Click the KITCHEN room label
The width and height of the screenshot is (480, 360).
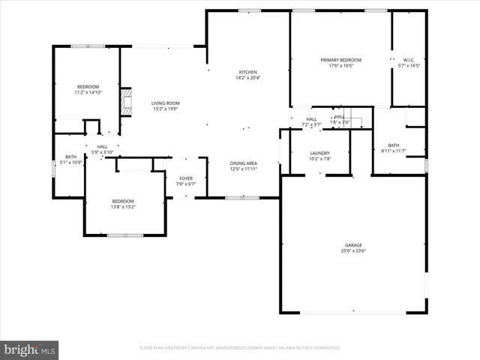[x=247, y=72]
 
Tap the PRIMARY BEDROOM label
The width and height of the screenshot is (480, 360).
[x=340, y=60]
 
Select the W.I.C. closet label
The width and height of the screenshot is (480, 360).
[x=409, y=60]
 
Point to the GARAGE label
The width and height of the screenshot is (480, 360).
[x=353, y=245]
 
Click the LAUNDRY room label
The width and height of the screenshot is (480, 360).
[x=320, y=153]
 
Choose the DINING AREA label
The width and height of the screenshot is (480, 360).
[x=244, y=163]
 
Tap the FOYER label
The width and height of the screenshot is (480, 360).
[x=185, y=178]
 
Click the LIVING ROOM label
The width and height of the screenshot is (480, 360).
[x=165, y=103]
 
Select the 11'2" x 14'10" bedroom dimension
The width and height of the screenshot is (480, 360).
[x=88, y=93]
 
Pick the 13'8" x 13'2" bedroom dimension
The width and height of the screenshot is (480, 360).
[x=123, y=207]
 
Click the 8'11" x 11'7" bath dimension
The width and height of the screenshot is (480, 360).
[x=393, y=151]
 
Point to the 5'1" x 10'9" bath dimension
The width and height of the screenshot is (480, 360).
[x=70, y=163]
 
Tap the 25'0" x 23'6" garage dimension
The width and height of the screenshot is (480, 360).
[x=353, y=251]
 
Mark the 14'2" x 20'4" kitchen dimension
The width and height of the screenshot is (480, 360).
[x=247, y=78]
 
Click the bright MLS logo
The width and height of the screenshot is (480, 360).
[x=30, y=349]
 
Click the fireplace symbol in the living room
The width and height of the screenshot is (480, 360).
[x=127, y=103]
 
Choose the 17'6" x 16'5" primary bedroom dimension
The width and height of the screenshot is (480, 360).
[x=340, y=66]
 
